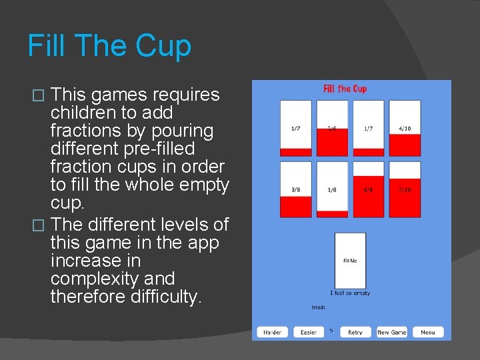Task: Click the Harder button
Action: (272, 332)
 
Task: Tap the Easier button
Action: (309, 332)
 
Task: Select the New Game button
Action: (392, 332)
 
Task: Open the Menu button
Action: (427, 332)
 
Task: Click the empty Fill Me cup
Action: (350, 260)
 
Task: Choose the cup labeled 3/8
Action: (295, 189)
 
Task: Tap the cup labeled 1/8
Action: (332, 189)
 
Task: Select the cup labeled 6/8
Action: (368, 189)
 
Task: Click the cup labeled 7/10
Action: (405, 189)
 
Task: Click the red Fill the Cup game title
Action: (345, 89)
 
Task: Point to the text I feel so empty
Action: (350, 293)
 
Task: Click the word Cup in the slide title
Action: (163, 46)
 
